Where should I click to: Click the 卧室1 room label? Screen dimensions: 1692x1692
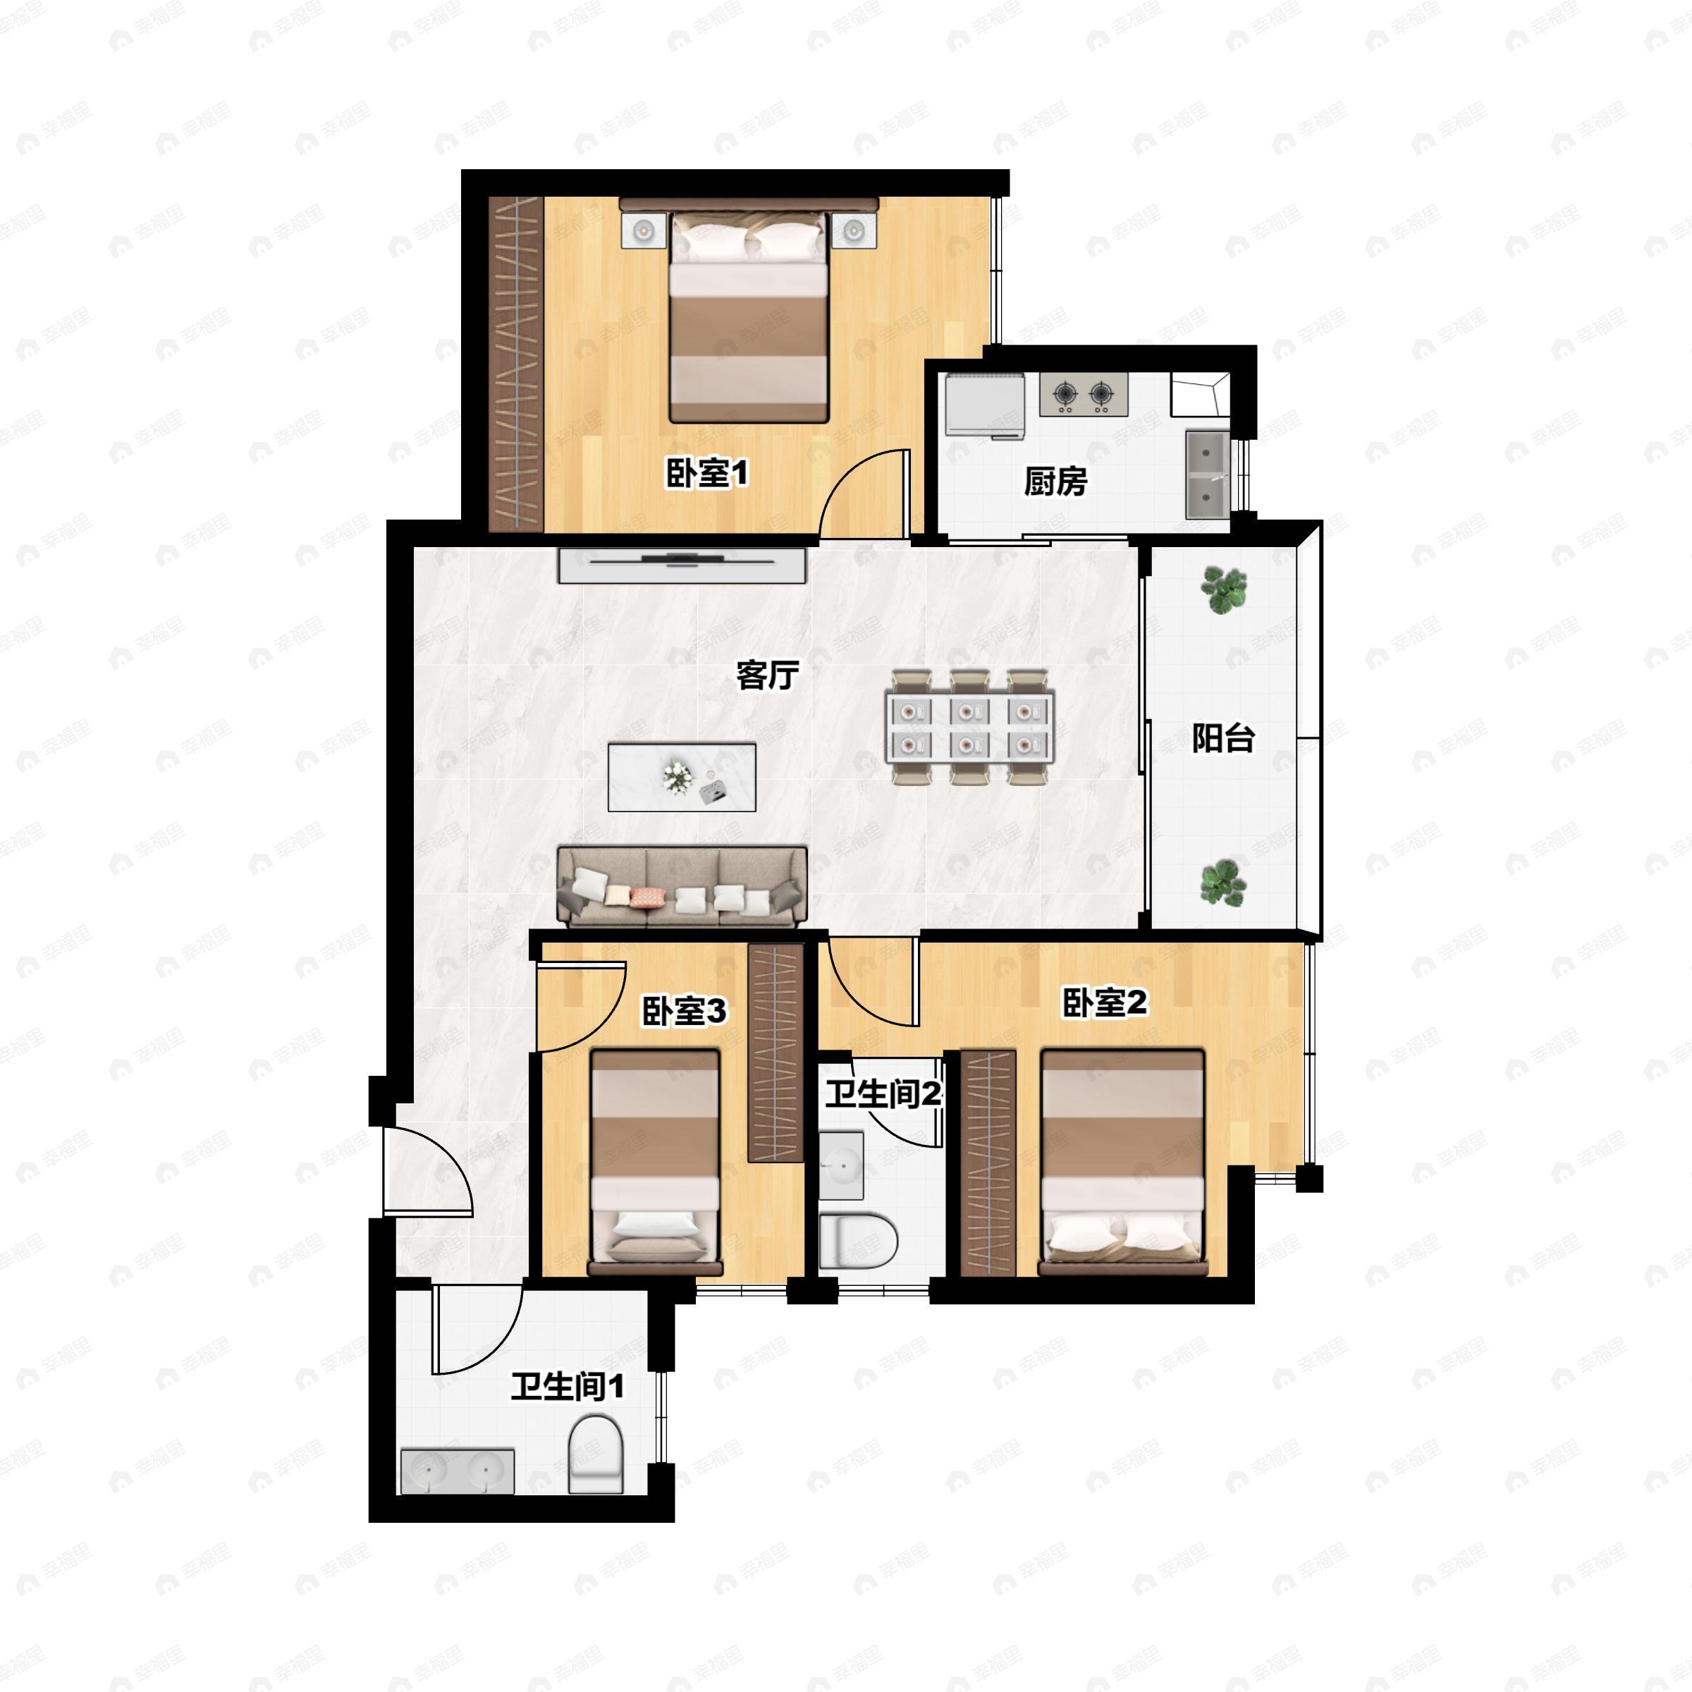point(708,474)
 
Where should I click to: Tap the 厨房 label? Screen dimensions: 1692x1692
point(1055,481)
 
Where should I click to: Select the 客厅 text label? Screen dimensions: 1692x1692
point(767,675)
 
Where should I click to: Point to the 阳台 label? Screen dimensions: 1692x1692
point(1223,737)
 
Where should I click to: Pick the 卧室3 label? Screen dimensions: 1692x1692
point(684,1012)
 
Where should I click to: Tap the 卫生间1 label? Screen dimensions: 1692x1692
point(568,1386)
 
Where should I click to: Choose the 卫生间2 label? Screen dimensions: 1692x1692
point(883,1094)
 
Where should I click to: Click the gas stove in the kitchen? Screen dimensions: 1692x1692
point(1084,395)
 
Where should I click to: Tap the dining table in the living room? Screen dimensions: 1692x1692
point(970,727)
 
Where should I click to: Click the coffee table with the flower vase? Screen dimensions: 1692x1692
point(682,778)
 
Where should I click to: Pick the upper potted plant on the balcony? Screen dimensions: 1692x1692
point(1223,589)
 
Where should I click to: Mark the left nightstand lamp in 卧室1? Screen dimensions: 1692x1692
point(644,231)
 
